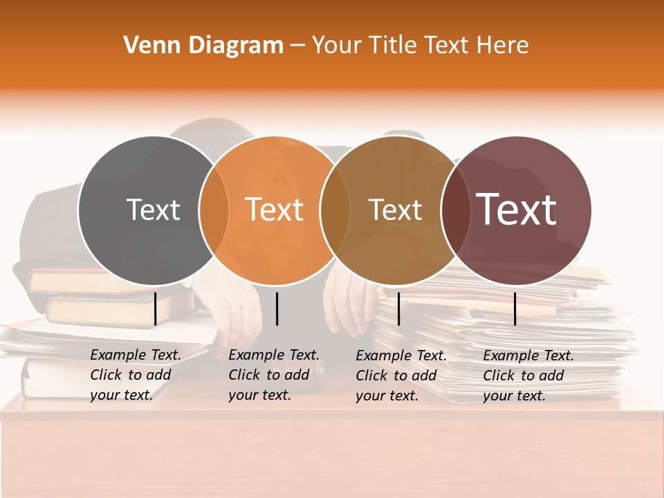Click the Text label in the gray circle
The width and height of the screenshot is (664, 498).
(x=153, y=210)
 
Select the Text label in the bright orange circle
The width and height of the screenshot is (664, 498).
(x=275, y=210)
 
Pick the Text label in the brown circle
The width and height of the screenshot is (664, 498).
(x=395, y=210)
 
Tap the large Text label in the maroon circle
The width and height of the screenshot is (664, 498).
(x=516, y=209)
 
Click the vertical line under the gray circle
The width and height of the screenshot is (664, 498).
(x=156, y=308)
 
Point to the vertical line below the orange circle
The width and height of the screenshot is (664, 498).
(x=277, y=308)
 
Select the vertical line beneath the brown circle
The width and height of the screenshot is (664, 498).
(x=398, y=308)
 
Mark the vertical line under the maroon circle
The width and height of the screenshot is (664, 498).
(x=515, y=308)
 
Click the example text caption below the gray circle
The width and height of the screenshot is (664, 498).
(x=135, y=375)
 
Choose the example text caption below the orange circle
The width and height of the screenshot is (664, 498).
(x=273, y=375)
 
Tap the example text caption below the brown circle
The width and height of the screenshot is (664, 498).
(x=400, y=376)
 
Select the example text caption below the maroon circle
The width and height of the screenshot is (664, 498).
(x=528, y=376)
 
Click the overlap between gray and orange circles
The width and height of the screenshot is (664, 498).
(x=213, y=210)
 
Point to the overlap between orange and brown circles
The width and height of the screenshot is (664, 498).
(x=334, y=210)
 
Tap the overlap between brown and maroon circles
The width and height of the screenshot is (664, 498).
(x=454, y=210)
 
